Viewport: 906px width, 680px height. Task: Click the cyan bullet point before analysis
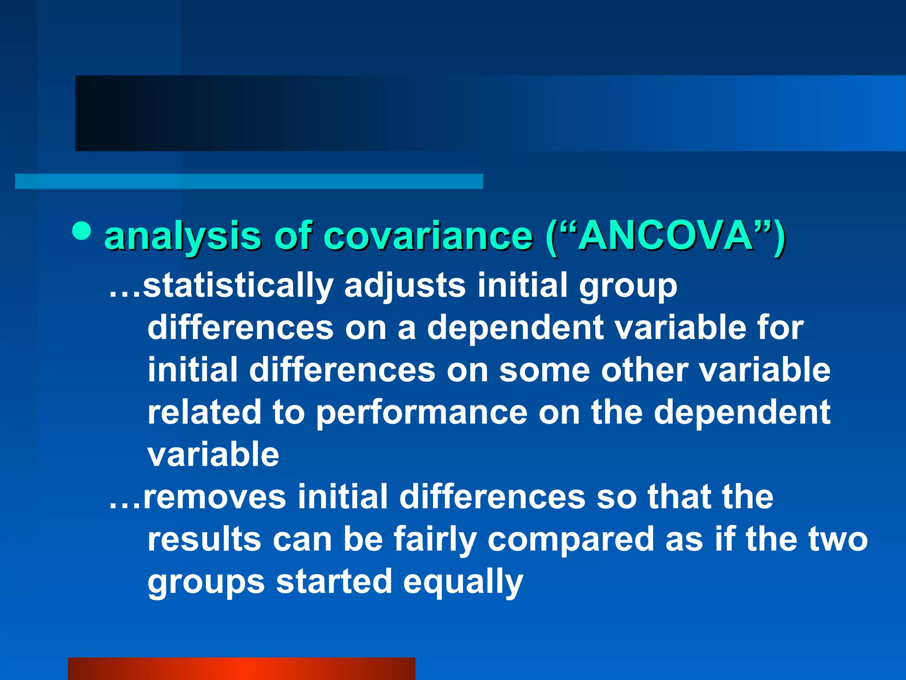(81, 230)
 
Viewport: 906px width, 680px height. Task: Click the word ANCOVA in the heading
(666, 236)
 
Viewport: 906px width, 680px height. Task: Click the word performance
(422, 413)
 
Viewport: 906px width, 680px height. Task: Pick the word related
(204, 413)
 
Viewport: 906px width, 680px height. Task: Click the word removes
(215, 497)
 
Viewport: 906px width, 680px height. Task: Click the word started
(334, 582)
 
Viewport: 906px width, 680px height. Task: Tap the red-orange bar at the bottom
(241, 668)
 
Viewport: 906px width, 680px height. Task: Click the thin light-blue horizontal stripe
(249, 182)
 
